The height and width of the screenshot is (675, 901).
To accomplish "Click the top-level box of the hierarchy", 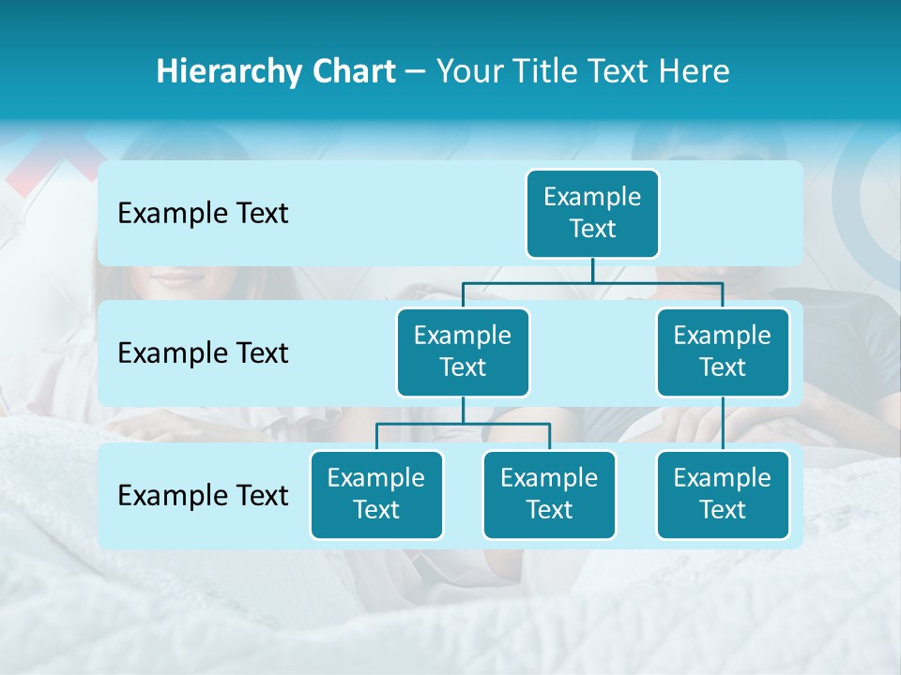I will point(592,213).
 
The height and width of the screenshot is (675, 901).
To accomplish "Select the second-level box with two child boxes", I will point(463,352).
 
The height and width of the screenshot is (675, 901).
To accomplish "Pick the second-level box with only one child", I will point(723,352).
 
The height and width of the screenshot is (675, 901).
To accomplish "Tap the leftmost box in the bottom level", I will point(376,494).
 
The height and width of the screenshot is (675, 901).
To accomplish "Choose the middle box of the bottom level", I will point(549,494).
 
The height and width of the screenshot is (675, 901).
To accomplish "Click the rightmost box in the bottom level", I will point(723,494).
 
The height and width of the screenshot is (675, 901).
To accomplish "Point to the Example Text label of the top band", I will point(203,214).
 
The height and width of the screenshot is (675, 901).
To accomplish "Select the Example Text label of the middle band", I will point(203,353).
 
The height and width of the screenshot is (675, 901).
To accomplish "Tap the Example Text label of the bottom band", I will point(203,495).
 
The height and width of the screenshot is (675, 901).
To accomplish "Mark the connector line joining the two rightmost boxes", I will point(723,423).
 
